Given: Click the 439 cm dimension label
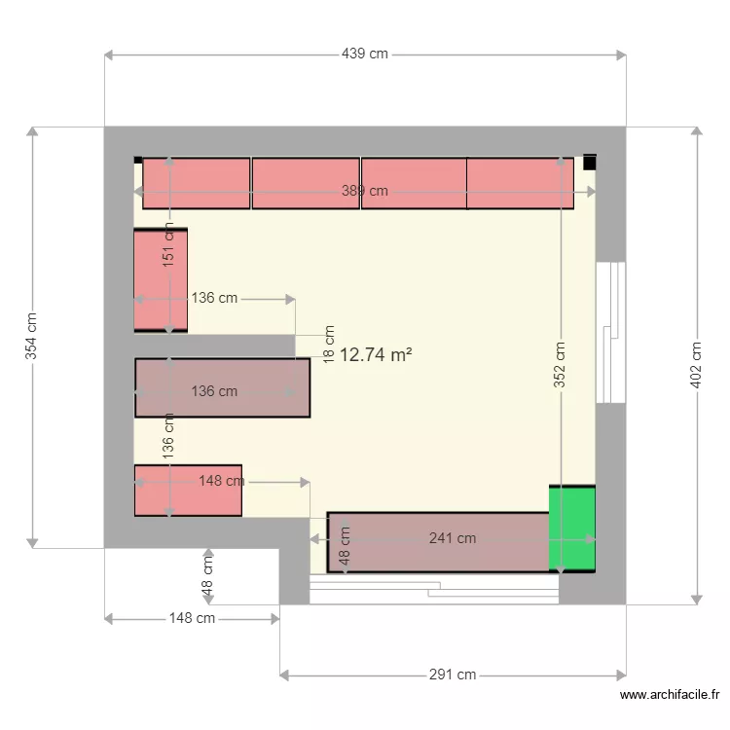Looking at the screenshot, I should click(x=365, y=55).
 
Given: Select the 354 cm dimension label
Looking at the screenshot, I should click(x=32, y=336).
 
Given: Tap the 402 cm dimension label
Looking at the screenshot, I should click(x=696, y=364).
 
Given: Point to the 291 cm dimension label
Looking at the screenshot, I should click(x=453, y=675).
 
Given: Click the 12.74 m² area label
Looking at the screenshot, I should click(x=376, y=355).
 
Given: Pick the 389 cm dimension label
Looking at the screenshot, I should click(x=365, y=192).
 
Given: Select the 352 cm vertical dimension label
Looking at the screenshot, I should click(x=561, y=364).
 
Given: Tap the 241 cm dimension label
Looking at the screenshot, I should click(x=453, y=538).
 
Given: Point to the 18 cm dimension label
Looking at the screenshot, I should click(x=329, y=344).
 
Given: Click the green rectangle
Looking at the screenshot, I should click(x=572, y=528).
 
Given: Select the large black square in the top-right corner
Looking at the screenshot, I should click(x=590, y=163).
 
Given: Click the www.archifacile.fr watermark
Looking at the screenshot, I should click(x=670, y=695).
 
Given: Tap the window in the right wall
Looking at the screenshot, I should click(x=610, y=331).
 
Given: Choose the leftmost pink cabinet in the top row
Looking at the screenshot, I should click(x=197, y=183).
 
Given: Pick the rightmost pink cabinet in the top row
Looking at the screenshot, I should click(x=520, y=183).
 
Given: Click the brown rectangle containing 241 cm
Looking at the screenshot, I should click(x=438, y=542).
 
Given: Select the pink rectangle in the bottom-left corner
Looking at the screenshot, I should click(x=188, y=491).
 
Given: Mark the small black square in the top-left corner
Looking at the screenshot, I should click(x=138, y=160).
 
